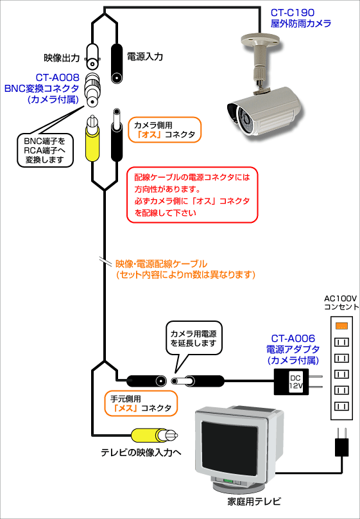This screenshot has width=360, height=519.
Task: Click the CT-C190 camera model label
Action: pyautogui.click(x=293, y=13)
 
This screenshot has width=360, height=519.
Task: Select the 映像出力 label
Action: pyautogui.click(x=62, y=58)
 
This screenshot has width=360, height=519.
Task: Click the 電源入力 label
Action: pyautogui.click(x=145, y=57)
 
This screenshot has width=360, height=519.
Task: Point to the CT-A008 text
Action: pyautogui.click(x=58, y=78)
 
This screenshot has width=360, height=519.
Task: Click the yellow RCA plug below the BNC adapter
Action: pyautogui.click(x=92, y=139)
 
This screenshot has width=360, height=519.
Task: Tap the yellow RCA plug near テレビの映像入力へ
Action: pyautogui.click(x=155, y=435)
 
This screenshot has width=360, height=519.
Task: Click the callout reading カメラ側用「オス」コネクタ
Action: pyautogui.click(x=164, y=130)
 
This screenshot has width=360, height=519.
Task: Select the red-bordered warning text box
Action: pyautogui.click(x=192, y=195)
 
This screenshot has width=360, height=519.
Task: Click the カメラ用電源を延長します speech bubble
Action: pyautogui.click(x=194, y=338)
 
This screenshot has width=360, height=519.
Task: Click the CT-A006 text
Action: pyautogui.click(x=293, y=339)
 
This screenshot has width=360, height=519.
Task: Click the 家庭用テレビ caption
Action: pyautogui.click(x=254, y=502)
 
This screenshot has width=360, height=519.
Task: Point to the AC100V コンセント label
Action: pyautogui.click(x=341, y=302)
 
